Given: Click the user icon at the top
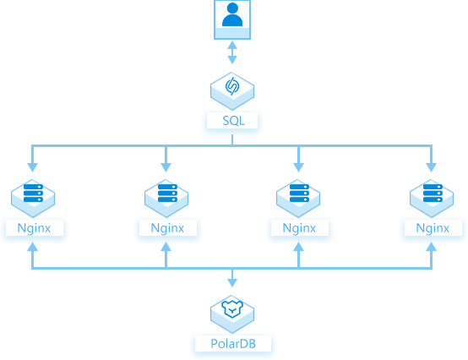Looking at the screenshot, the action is (x=232, y=19).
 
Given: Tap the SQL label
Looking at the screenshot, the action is (x=233, y=121).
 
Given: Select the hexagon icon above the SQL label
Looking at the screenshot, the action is (x=232, y=91).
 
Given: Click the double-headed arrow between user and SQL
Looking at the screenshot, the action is (x=232, y=52).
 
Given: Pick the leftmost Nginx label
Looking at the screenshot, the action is (x=34, y=228).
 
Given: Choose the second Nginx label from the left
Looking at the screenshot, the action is (x=167, y=228).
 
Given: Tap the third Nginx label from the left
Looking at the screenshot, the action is (x=299, y=228).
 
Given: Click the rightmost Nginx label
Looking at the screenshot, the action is (x=433, y=228).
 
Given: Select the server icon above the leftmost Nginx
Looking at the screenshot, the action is (x=33, y=199).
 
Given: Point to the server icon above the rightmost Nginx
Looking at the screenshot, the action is (x=432, y=199).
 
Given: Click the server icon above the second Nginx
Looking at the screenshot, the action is (x=166, y=199).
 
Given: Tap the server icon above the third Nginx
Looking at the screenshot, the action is (x=298, y=199).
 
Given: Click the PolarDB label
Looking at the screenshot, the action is (x=233, y=344).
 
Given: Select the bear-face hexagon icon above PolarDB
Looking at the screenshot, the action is (x=232, y=314).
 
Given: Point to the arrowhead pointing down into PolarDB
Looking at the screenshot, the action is (x=232, y=283).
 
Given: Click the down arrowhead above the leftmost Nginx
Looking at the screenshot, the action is (x=33, y=167).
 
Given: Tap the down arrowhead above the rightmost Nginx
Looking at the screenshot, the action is (x=432, y=167).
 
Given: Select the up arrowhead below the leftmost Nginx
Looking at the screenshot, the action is (x=33, y=246).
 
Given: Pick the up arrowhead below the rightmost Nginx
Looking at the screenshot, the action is (x=432, y=246).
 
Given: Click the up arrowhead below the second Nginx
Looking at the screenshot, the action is (x=166, y=246).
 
